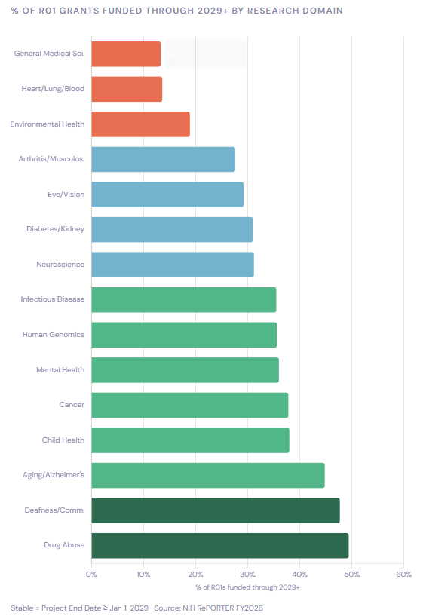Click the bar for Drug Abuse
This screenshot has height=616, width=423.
(219, 545)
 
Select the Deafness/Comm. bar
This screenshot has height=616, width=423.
(215, 510)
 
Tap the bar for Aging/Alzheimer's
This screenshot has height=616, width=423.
(207, 475)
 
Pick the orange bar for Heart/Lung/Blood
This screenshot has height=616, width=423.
(127, 89)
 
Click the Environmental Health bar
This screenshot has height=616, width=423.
(140, 124)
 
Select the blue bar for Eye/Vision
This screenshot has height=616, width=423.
(167, 195)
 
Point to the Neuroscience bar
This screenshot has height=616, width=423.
(173, 265)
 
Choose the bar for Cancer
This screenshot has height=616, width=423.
(189, 405)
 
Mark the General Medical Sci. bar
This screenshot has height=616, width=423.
(126, 54)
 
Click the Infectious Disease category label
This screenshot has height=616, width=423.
(52, 299)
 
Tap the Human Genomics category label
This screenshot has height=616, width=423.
(53, 335)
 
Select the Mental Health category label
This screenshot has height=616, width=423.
(60, 370)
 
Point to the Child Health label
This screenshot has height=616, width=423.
(63, 440)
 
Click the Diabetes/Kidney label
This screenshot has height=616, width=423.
(55, 229)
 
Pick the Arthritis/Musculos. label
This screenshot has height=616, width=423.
(51, 159)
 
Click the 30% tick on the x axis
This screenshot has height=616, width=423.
(247, 574)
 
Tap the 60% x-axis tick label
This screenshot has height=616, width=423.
(403, 574)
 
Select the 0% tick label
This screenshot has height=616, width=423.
(91, 574)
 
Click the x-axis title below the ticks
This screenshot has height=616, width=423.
(247, 587)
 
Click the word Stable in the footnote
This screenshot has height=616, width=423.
(21, 608)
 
